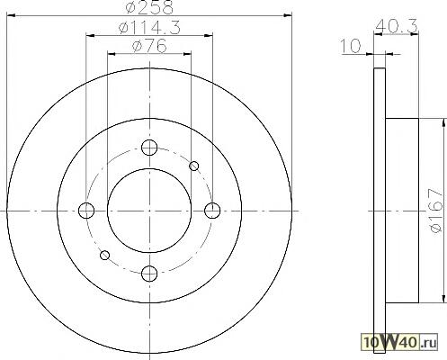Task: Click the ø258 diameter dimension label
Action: (149, 7)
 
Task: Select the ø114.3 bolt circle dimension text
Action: (149, 28)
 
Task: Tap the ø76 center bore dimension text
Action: (149, 46)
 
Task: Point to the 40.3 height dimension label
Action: (396, 26)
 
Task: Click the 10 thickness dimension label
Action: (351, 47)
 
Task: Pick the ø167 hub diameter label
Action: (436, 210)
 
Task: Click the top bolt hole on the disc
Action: (149, 148)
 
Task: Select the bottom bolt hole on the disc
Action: (149, 274)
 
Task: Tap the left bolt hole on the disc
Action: (86, 211)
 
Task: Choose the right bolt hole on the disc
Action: (212, 211)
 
